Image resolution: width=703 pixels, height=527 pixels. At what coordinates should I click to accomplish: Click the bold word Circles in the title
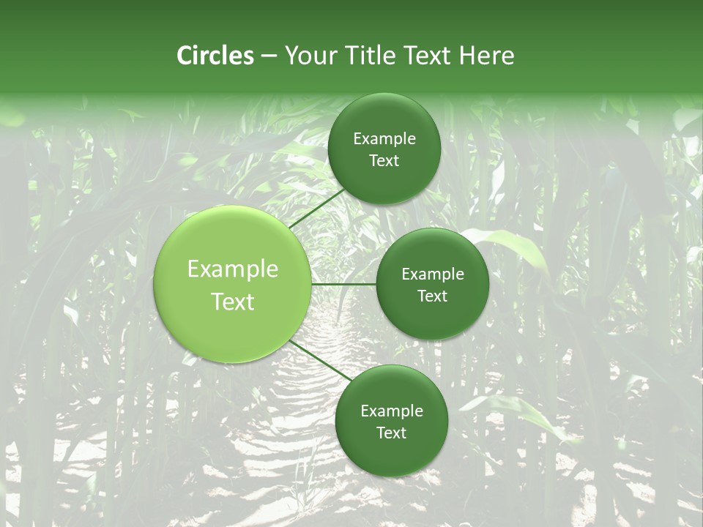[x=215, y=56]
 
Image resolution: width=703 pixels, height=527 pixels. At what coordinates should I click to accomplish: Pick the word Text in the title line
[x=425, y=56]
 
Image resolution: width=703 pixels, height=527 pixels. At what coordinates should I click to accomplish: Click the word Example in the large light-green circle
[x=233, y=269]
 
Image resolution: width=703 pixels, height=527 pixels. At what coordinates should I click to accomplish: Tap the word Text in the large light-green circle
[x=233, y=302]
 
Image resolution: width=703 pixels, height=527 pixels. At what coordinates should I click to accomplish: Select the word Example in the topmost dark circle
[x=384, y=139]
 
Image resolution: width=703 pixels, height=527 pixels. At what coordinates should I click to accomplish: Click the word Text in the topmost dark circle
[x=384, y=160]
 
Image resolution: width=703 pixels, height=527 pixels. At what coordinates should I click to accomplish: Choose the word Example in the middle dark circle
[x=432, y=274]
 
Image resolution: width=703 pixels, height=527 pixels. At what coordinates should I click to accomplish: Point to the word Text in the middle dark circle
[x=432, y=296]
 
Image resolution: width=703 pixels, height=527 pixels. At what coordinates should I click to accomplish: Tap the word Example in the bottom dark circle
[x=391, y=411]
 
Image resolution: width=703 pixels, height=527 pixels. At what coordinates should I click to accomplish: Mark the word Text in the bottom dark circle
[x=391, y=433]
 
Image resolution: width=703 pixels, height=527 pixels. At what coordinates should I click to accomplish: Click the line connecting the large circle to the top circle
[x=316, y=209]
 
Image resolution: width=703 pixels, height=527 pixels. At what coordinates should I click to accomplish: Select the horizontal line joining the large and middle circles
[x=343, y=284]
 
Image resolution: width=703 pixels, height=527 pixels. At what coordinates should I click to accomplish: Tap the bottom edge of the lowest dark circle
[x=391, y=476]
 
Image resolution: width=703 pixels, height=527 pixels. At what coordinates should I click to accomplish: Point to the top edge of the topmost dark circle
[x=384, y=94]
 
